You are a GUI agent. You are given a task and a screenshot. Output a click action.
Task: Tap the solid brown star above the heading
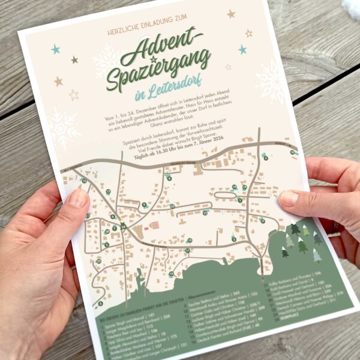231,13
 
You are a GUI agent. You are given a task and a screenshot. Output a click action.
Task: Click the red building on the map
154,227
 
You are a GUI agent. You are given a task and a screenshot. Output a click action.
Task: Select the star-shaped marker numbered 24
123,226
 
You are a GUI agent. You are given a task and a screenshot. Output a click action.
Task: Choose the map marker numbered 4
265,158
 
